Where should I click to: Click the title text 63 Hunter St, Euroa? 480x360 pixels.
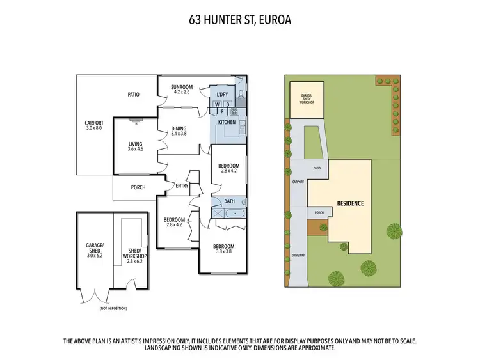pos(240,19)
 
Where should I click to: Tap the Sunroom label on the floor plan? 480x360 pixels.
pos(182,87)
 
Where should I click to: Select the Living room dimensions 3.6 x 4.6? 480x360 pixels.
pos(135,148)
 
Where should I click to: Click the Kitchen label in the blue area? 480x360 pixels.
pos(227,121)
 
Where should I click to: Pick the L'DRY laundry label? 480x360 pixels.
pos(225,95)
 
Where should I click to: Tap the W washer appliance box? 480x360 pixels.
pos(218,104)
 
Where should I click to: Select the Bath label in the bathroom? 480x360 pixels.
pos(229,201)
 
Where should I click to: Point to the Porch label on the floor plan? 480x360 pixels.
pos(138,187)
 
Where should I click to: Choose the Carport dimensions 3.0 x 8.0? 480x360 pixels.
pos(94,128)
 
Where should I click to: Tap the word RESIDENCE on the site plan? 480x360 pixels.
pos(351,203)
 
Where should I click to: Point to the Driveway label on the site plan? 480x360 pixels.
pos(298,254)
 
